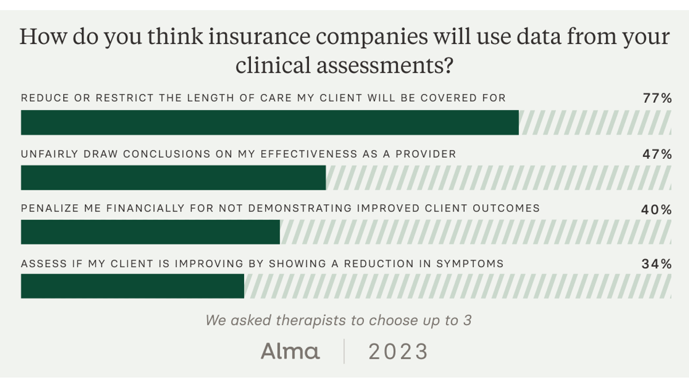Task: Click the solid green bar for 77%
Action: (270, 123)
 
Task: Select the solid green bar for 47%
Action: (173, 178)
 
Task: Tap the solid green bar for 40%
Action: (150, 232)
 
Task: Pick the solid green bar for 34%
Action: (133, 286)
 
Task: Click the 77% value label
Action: (657, 99)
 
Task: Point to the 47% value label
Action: (657, 154)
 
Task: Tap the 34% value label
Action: (657, 264)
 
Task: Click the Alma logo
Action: (291, 351)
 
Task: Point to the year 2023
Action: (398, 351)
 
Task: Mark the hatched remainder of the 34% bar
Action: (458, 286)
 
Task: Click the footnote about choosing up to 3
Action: (339, 320)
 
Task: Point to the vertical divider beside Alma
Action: (344, 351)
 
